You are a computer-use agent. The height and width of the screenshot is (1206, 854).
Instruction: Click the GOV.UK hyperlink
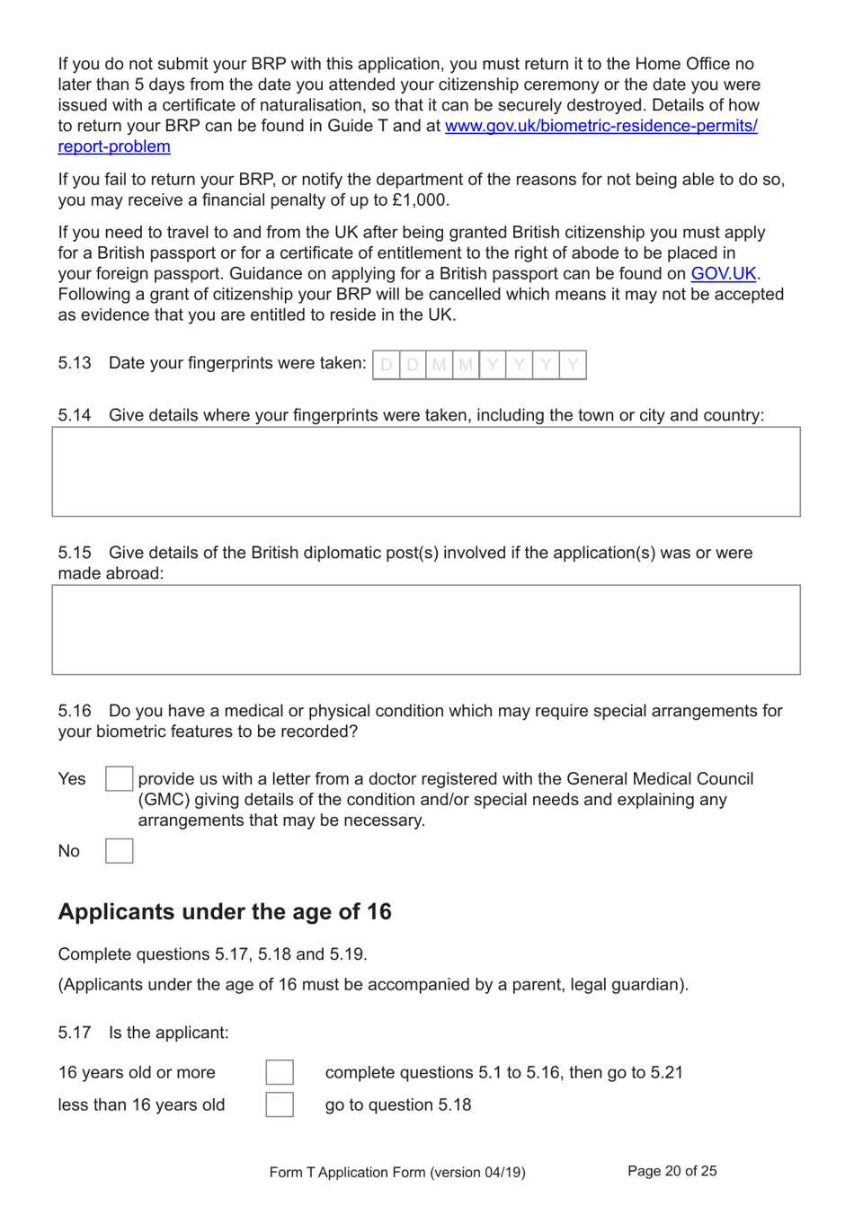click(x=723, y=274)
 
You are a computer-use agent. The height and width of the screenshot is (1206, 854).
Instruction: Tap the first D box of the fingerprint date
click(x=387, y=365)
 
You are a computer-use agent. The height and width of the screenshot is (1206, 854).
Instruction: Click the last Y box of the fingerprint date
click(x=573, y=365)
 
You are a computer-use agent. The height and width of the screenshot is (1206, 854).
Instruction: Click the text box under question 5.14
click(x=426, y=472)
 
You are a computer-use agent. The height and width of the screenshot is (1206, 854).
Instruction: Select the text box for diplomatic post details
click(x=426, y=630)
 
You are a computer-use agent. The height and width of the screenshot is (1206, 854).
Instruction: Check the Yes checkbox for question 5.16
click(x=119, y=779)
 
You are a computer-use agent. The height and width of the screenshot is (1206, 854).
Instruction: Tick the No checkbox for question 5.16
click(x=119, y=851)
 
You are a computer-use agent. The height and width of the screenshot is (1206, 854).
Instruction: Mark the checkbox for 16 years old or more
click(x=280, y=1072)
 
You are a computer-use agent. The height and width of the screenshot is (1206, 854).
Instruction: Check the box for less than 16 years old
click(x=280, y=1104)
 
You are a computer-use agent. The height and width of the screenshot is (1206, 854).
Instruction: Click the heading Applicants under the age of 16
click(x=225, y=912)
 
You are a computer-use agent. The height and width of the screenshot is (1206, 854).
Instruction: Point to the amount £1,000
click(x=419, y=200)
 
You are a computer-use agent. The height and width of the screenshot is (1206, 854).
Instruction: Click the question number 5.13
click(x=75, y=363)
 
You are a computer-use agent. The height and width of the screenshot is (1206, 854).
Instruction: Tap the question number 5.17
click(x=75, y=1033)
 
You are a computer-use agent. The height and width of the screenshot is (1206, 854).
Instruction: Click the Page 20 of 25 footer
click(x=672, y=1171)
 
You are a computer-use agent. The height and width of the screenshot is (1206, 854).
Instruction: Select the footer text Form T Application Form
click(x=397, y=1172)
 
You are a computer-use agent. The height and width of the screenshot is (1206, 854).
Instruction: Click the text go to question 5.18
click(x=398, y=1105)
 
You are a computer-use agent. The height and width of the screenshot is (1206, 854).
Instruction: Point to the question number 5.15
click(x=75, y=553)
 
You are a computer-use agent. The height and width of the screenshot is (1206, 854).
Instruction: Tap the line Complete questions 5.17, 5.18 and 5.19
click(x=213, y=954)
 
